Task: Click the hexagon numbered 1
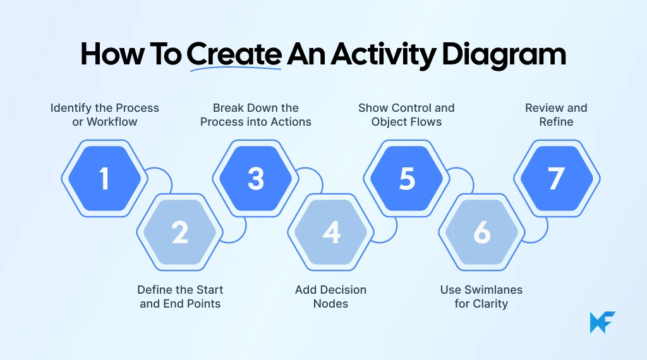[x=104, y=179]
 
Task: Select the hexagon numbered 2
[x=179, y=232]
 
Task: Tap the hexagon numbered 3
[x=255, y=179]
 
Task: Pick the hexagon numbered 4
[x=331, y=232]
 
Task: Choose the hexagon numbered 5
[x=407, y=179]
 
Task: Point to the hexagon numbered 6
[x=482, y=232]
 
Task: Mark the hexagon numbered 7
[x=556, y=179]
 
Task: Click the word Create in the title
[x=234, y=56]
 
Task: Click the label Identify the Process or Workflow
[x=105, y=114]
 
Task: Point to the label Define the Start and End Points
[x=180, y=296]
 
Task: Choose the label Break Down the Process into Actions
[x=256, y=114]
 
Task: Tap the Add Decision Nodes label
[x=330, y=296]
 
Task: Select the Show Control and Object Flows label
[x=406, y=114]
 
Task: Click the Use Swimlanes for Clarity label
[x=481, y=296]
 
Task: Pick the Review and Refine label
[x=556, y=114]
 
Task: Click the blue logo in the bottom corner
[x=602, y=322]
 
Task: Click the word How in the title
[x=112, y=56]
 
